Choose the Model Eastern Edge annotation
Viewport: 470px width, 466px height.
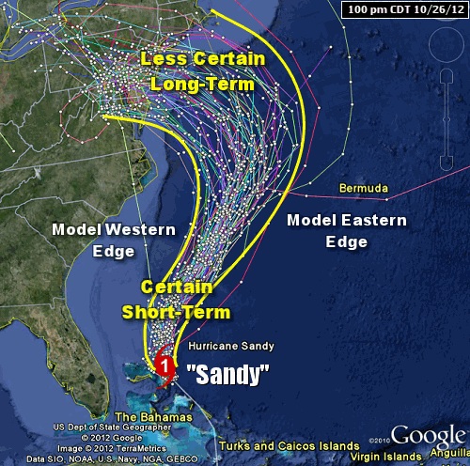pos(347,230)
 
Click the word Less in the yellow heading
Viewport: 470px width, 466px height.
pos(163,59)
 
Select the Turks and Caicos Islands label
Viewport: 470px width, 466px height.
pos(288,445)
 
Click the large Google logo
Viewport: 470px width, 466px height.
pos(428,435)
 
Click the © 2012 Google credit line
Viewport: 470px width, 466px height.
pos(58,437)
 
